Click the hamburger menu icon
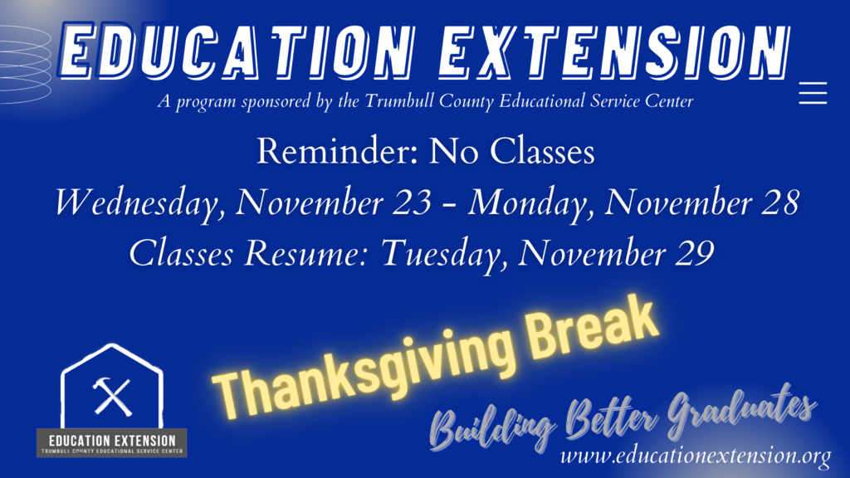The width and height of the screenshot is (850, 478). tap(813, 93)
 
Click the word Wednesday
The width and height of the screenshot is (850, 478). tap(139, 202)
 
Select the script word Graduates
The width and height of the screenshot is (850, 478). tap(741, 409)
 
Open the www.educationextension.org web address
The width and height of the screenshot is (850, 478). tap(696, 456)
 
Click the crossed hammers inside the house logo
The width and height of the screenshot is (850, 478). tap(112, 397)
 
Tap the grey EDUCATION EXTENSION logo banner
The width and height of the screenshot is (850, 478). tap(112, 443)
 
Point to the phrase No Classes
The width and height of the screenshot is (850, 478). tap(511, 151)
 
